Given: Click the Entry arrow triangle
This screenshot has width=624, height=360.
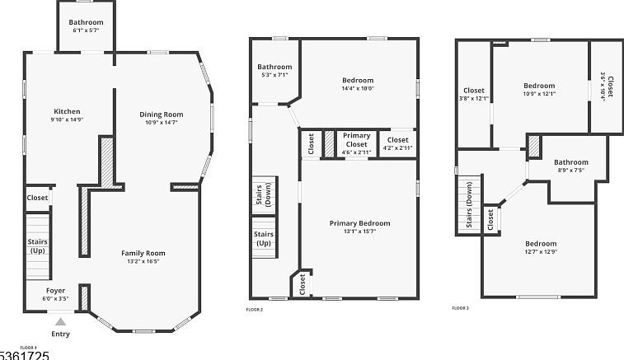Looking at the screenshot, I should tap(60, 322).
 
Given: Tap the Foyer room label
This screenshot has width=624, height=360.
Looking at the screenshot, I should tap(55, 290).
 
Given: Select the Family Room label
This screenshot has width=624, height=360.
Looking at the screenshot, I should tap(143, 253).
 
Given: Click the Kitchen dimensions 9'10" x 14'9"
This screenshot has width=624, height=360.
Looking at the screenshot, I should tap(67, 120).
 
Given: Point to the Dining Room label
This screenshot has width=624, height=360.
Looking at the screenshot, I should tap(161, 115).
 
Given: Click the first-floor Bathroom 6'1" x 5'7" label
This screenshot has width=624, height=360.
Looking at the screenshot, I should tap(86, 22).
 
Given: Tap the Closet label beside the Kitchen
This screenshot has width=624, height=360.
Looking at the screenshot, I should tap(38, 198).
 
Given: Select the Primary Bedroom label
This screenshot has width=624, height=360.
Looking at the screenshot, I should tap(359, 223).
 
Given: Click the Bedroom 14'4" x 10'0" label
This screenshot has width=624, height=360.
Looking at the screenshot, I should tap(358, 80).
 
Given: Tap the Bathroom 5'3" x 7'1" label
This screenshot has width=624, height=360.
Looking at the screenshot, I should tap(274, 67).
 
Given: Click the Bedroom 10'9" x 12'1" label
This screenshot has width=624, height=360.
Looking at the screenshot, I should tap(539, 86).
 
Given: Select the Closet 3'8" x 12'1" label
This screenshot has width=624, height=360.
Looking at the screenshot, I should tap(474, 91).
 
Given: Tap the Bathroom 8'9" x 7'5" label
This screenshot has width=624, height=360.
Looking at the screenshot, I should tap(570, 162).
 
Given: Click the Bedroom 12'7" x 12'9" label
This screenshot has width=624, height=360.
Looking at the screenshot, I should tap(541, 244).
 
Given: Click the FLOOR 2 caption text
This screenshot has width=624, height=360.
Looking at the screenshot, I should tap(255, 309).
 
